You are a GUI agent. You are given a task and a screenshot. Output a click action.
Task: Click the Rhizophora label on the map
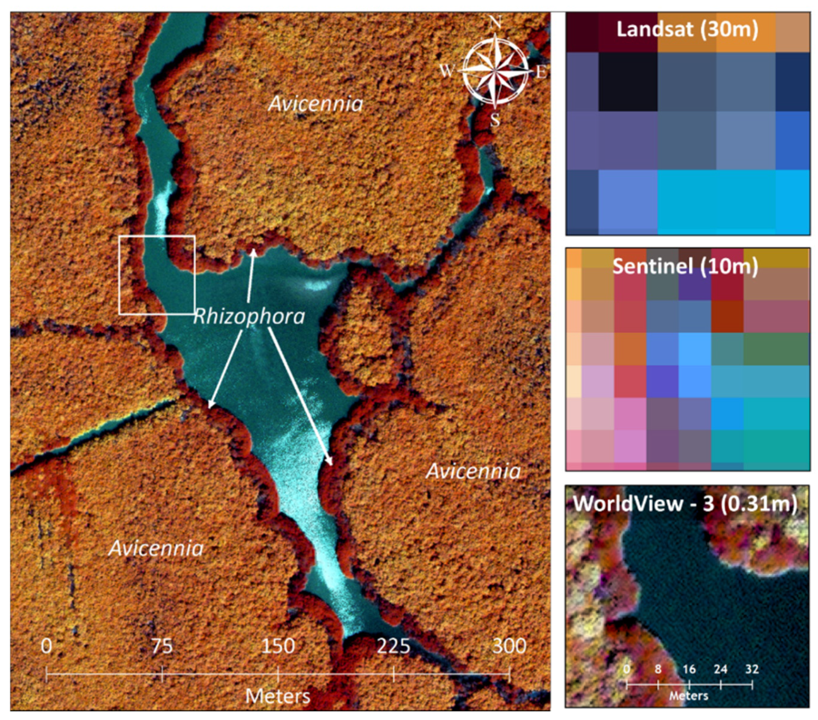pyautogui.click(x=249, y=317)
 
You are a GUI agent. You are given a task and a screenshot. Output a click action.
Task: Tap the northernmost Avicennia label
pyautogui.click(x=315, y=104)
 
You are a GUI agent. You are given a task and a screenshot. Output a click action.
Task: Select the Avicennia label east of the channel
pyautogui.click(x=473, y=471)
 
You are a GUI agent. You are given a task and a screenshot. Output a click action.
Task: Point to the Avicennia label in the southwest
pyautogui.click(x=156, y=548)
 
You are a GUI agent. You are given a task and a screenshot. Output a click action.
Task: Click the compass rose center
pyautogui.click(x=496, y=71)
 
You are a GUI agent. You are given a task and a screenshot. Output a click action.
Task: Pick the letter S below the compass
pyautogui.click(x=495, y=120)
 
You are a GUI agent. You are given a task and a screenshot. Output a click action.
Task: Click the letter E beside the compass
pyautogui.click(x=541, y=72)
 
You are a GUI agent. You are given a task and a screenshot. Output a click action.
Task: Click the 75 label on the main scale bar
pyautogui.click(x=162, y=646)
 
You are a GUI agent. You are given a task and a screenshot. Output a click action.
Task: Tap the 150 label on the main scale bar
pyautogui.click(x=278, y=646)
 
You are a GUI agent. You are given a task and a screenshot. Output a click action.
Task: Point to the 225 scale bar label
pyautogui.click(x=393, y=646)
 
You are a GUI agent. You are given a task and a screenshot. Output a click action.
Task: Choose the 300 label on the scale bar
pyautogui.click(x=509, y=646)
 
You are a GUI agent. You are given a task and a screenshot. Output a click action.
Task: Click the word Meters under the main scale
pyautogui.click(x=278, y=696)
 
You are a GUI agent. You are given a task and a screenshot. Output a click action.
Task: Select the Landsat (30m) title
pyautogui.click(x=687, y=29)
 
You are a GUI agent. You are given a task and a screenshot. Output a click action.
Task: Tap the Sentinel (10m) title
pyautogui.click(x=685, y=266)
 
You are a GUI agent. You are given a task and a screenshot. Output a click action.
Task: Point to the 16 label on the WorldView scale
pyautogui.click(x=689, y=669)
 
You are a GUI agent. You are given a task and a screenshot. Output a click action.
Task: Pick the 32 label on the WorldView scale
pyautogui.click(x=752, y=669)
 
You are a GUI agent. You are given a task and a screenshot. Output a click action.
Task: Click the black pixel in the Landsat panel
pyautogui.click(x=628, y=82)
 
